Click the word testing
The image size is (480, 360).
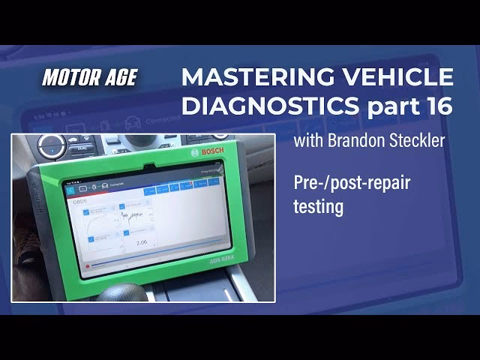click(x=318, y=207)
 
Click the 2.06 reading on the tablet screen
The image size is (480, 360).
click(x=141, y=243)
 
